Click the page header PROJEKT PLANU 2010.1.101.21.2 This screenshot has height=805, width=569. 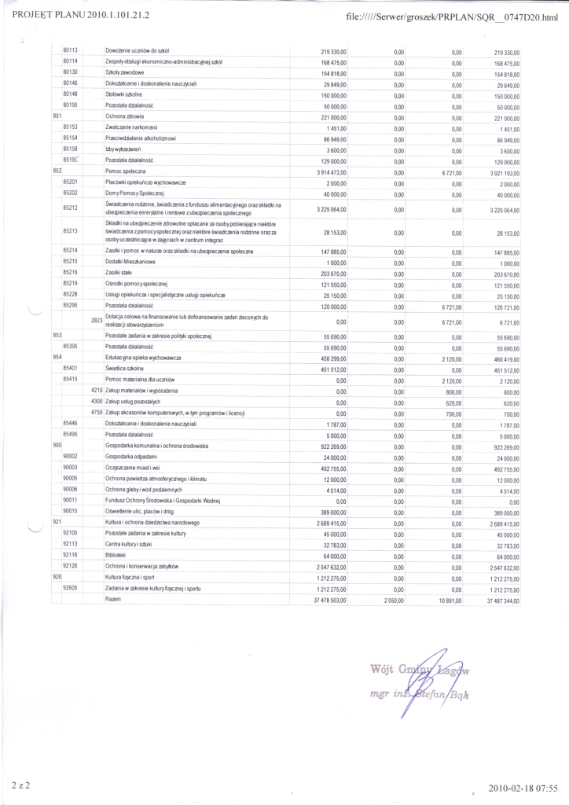82,14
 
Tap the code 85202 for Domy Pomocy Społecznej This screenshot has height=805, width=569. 69,193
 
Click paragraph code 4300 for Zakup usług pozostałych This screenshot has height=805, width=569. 97,402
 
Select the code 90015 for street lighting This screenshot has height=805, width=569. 69,511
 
